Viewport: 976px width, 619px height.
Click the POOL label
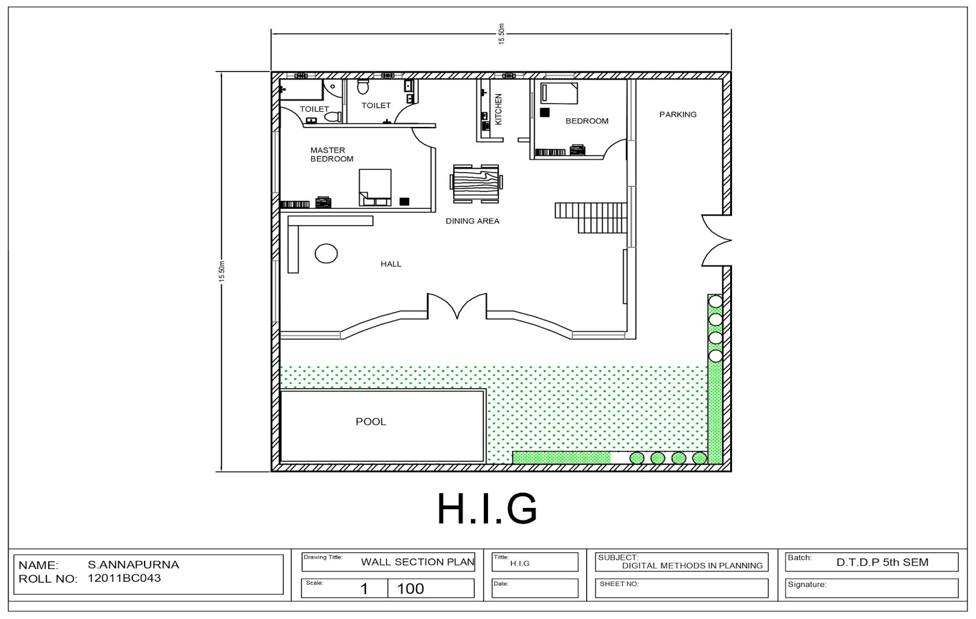[x=371, y=422]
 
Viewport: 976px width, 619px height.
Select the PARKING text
[x=678, y=114]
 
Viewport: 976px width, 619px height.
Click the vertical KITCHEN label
[x=498, y=109]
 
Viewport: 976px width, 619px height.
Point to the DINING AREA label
[x=472, y=221]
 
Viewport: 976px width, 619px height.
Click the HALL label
[x=391, y=264]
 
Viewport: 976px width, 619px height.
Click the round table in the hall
[x=326, y=253]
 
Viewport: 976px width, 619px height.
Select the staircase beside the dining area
[x=591, y=217]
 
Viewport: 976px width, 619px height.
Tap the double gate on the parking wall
[x=716, y=241]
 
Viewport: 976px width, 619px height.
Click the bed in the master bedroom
[x=375, y=187]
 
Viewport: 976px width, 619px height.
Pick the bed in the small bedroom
[x=559, y=93]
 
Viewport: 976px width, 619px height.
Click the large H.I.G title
[x=487, y=509]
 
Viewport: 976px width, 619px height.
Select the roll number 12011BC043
[x=124, y=577]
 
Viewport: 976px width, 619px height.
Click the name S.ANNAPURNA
[x=134, y=565]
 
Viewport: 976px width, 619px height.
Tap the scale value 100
[x=410, y=588]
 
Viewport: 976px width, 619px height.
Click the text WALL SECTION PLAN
[x=417, y=562]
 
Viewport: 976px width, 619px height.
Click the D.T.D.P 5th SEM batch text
[x=882, y=562]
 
